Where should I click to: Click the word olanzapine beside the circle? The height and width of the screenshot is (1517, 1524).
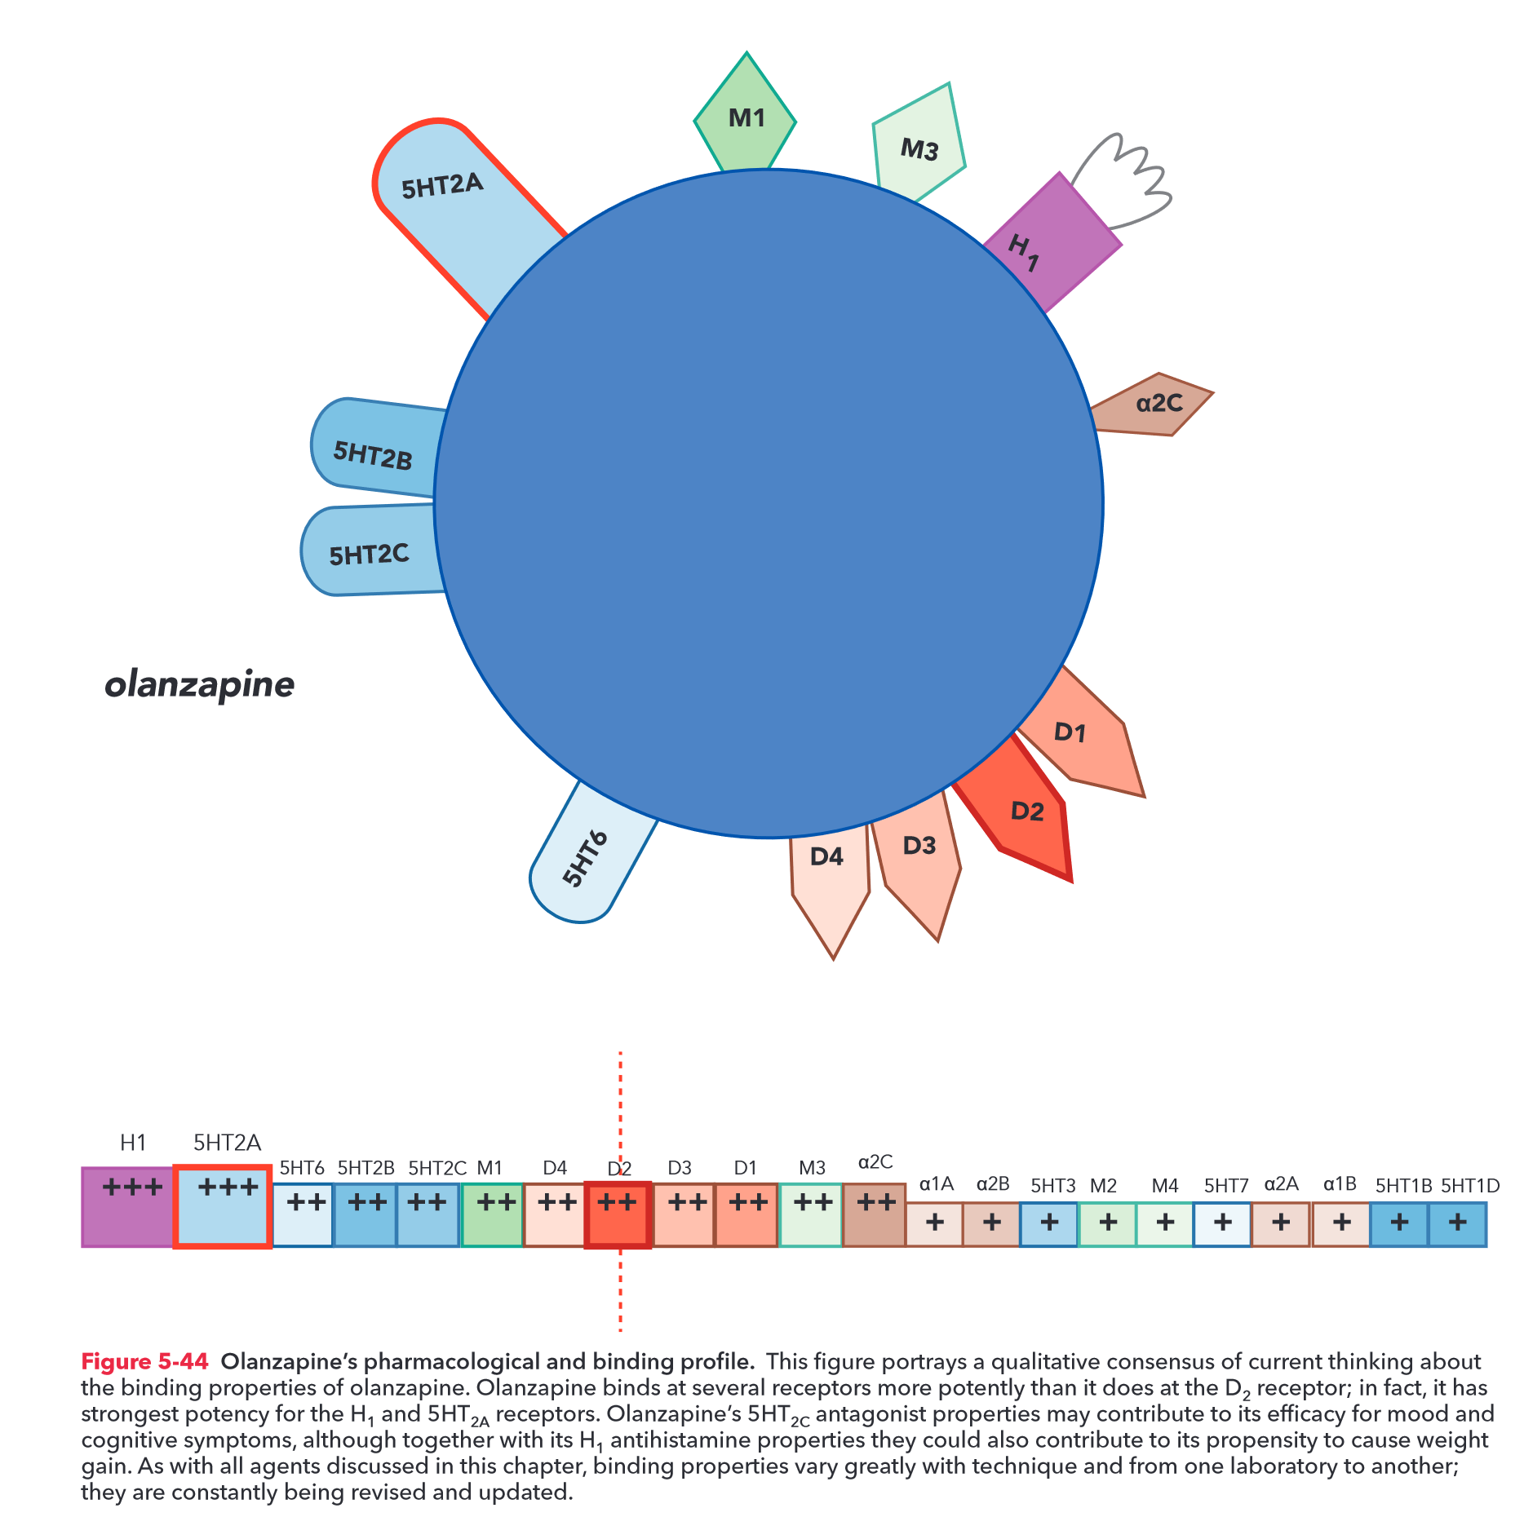click(x=200, y=684)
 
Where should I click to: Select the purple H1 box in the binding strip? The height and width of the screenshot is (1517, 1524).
click(x=128, y=1206)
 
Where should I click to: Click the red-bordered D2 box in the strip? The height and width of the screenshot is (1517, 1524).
click(x=618, y=1214)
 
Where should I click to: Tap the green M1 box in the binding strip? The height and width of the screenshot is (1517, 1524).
click(x=492, y=1214)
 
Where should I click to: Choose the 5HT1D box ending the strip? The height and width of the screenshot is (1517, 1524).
click(x=1457, y=1223)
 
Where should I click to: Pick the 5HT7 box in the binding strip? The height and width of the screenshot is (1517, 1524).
click(x=1222, y=1223)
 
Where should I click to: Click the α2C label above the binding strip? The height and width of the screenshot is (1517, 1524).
click(x=875, y=1161)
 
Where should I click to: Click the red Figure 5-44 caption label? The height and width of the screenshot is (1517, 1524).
click(x=144, y=1361)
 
